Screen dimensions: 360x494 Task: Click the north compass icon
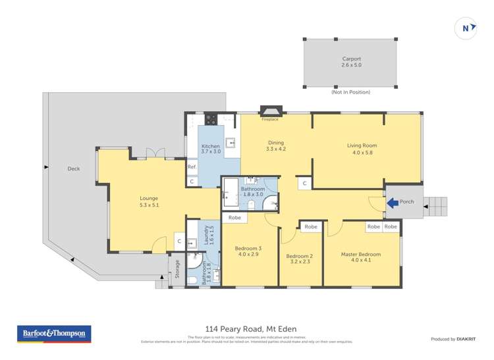(x=466, y=28)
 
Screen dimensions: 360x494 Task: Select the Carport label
(x=351, y=59)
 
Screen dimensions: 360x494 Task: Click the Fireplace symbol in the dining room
(x=269, y=112)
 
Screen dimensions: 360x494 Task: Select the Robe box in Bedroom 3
(x=234, y=217)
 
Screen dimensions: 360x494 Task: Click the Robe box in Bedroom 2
(x=311, y=226)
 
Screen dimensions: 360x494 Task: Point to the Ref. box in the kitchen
(x=192, y=167)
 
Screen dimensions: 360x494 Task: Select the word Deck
(x=74, y=168)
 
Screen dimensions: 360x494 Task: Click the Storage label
(x=177, y=268)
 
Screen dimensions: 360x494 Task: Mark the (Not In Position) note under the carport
(x=350, y=92)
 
